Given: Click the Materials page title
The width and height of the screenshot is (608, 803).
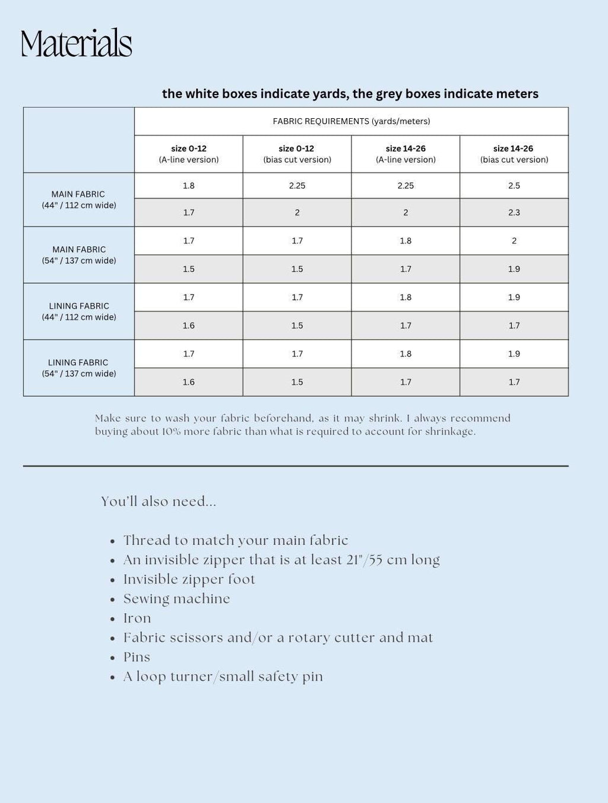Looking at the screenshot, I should tap(76, 43).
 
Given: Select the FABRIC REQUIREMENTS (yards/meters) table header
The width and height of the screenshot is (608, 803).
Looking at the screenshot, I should tap(351, 121).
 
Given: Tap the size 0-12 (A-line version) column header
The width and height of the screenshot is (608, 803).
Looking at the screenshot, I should tap(188, 154).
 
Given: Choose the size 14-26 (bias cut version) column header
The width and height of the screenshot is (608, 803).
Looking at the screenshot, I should tap(514, 154).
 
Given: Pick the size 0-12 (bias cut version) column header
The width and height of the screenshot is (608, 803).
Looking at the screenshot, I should tap(297, 154).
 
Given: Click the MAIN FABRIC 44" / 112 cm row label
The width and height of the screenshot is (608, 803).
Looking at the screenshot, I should tap(78, 200).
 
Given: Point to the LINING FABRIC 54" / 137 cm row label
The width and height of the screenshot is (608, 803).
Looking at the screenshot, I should tap(78, 368).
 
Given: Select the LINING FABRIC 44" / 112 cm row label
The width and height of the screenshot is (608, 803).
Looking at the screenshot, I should tap(78, 311).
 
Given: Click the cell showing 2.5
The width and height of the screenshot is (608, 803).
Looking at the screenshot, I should tap(514, 185).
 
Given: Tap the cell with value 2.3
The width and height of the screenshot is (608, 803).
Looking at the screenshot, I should tap(514, 212).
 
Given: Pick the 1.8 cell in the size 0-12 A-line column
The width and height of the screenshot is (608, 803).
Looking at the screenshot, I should tap(188, 185).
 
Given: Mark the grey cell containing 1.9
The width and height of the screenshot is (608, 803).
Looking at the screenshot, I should tap(514, 269).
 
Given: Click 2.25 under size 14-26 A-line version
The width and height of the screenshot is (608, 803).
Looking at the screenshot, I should tap(406, 185).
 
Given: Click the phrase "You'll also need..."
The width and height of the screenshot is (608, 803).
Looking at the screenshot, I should tap(159, 501).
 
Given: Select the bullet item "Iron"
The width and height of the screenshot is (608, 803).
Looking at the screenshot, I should tap(137, 618).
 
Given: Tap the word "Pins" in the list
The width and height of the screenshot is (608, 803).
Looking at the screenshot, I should tap(137, 657).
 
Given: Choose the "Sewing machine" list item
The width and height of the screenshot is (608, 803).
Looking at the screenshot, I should tap(176, 599).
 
